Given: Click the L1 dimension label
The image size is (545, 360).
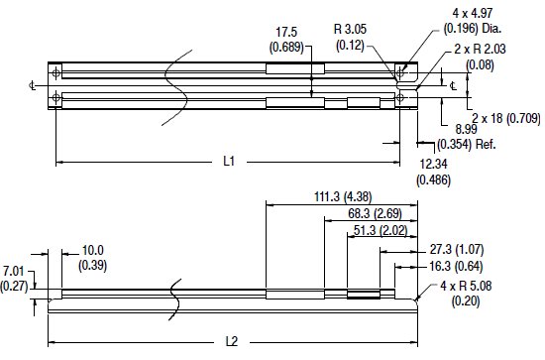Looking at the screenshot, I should [228, 161].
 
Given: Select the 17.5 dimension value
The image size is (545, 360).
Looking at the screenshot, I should [286, 31].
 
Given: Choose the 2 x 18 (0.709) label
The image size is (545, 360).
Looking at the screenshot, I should [505, 118].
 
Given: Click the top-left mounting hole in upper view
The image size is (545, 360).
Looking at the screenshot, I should [56, 71].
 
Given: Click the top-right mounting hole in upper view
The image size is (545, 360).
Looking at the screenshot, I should [402, 71].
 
